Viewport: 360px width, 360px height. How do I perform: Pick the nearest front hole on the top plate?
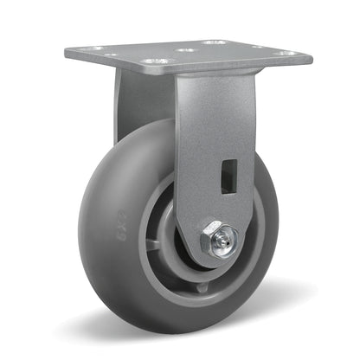[156, 61]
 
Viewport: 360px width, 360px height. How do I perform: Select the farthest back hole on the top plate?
[213, 41]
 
